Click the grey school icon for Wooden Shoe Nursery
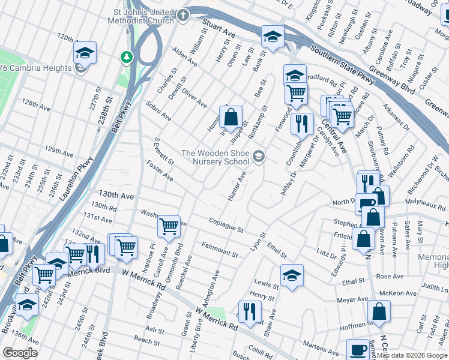point(259,157)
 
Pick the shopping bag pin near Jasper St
point(232,116)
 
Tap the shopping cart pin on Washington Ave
point(169,227)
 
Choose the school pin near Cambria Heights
point(85,53)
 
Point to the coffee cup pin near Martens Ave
point(358,349)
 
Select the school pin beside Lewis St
point(292,275)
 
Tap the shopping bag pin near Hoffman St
point(379,311)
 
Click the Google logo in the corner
point(20,352)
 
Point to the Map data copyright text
point(412,355)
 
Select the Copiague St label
point(226,226)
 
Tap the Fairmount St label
point(220,250)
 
